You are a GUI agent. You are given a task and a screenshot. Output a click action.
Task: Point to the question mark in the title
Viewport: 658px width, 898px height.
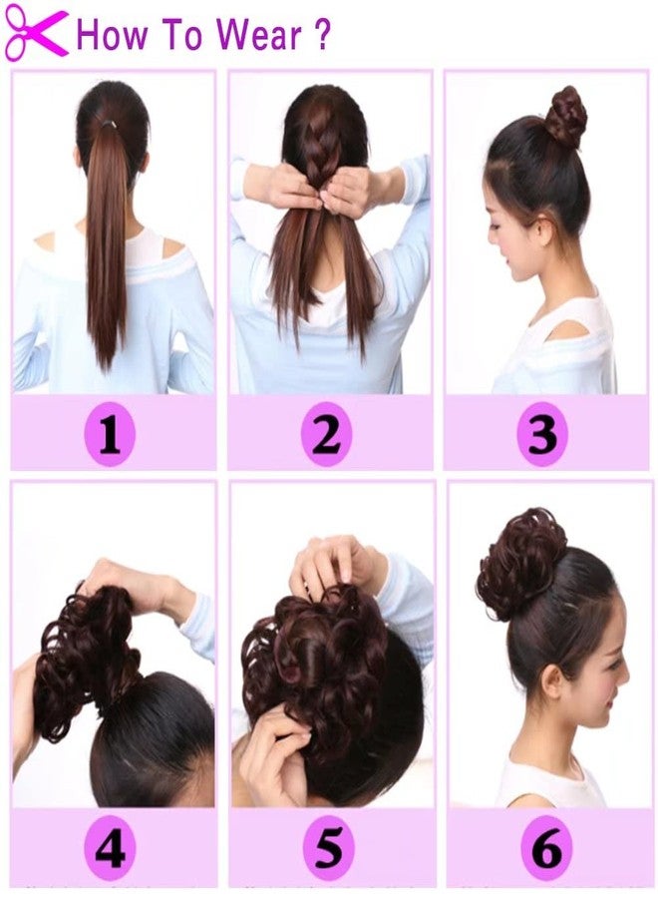321,35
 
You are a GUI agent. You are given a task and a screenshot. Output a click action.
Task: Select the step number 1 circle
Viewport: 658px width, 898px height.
110,436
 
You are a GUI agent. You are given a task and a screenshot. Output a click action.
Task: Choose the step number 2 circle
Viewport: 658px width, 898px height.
327,436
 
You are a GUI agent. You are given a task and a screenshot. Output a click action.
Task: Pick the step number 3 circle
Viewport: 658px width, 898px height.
542,436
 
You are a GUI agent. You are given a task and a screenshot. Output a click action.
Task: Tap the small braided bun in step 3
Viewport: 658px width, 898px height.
565,116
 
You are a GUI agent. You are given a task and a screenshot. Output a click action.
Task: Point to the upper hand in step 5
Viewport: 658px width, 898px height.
335,564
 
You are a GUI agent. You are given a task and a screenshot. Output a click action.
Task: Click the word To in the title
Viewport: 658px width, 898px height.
181,35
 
